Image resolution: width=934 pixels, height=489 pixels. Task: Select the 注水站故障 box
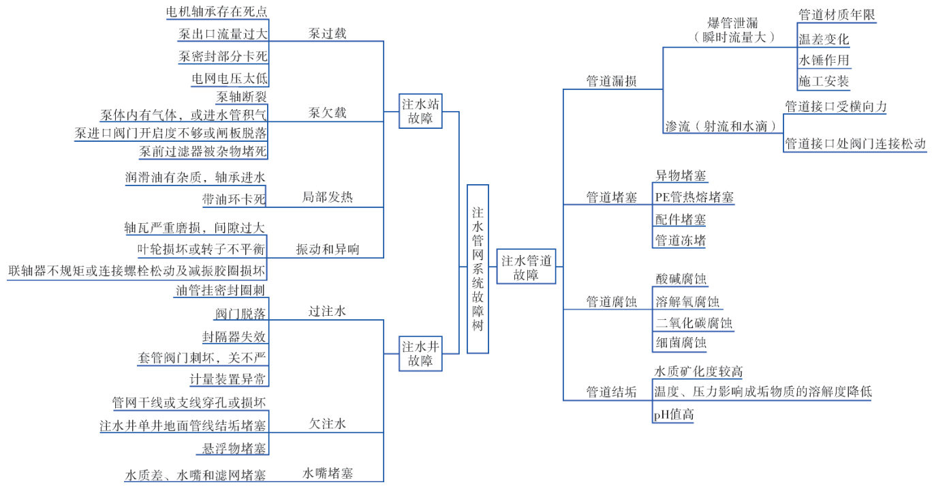(x=420, y=111)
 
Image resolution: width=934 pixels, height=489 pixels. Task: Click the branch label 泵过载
(x=327, y=33)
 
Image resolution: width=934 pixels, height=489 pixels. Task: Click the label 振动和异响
(x=327, y=250)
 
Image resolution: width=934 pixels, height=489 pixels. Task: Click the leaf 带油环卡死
(x=233, y=199)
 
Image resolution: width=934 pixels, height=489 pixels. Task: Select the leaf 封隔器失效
(x=234, y=337)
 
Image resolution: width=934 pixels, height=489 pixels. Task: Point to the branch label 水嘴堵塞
(x=328, y=473)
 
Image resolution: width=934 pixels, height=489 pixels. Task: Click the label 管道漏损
(x=612, y=81)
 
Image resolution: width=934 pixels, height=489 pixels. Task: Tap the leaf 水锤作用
(x=824, y=60)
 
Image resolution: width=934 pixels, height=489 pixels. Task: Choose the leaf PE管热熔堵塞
(x=694, y=198)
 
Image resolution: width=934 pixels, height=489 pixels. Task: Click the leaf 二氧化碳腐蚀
(x=694, y=323)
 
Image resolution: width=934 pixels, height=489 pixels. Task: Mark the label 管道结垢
(x=612, y=392)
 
